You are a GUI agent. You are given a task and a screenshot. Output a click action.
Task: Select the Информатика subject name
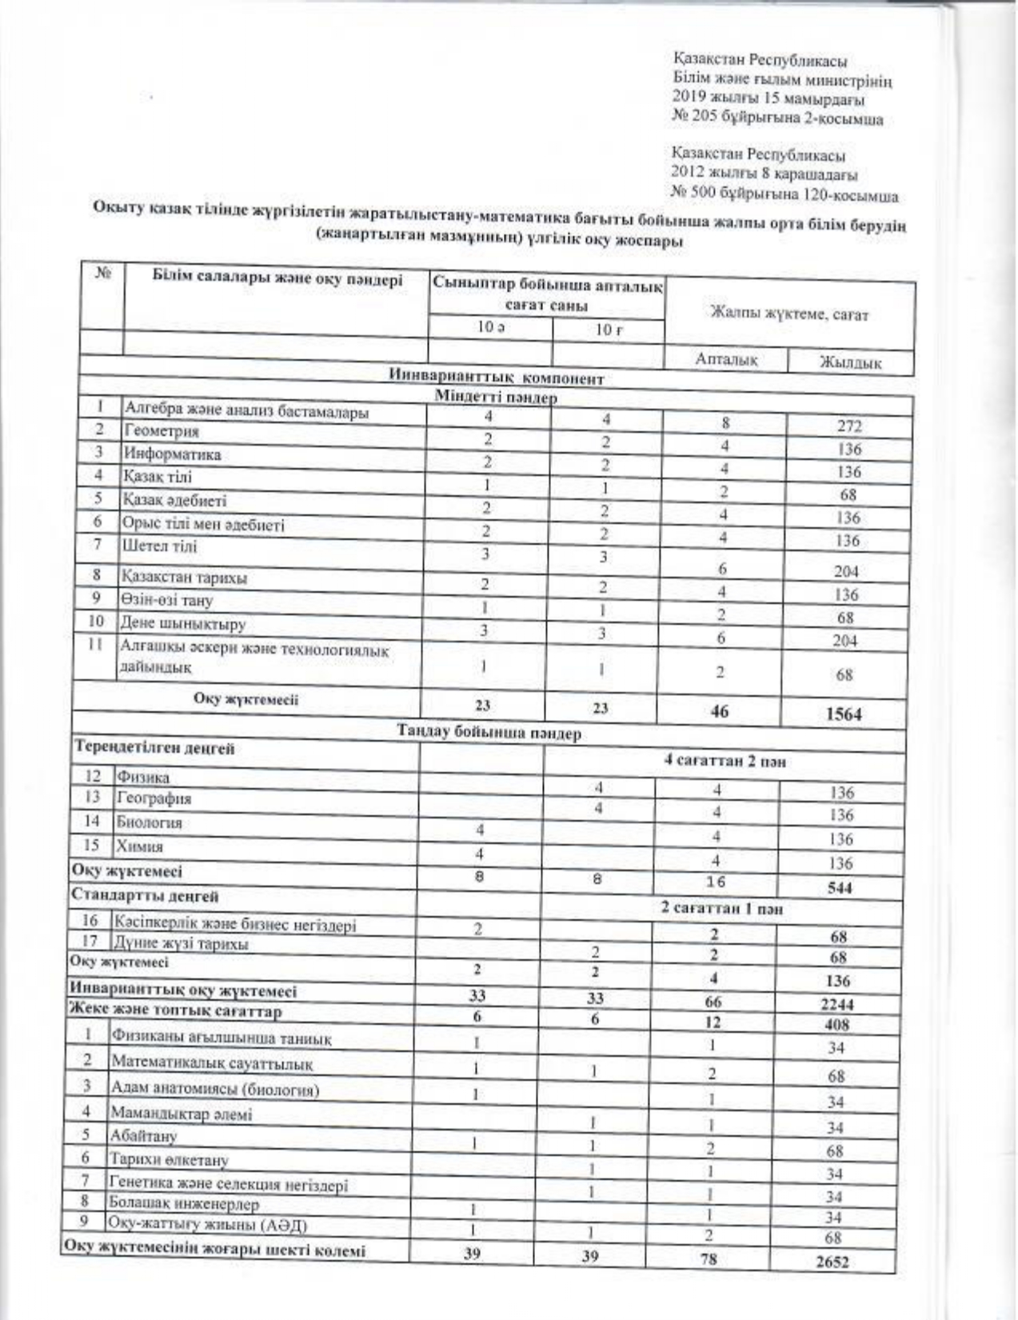click(171, 454)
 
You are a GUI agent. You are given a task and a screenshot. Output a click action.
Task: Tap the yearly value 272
click(847, 427)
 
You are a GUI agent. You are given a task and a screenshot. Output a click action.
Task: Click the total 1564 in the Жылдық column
click(844, 714)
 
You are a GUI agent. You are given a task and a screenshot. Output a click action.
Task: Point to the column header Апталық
click(726, 360)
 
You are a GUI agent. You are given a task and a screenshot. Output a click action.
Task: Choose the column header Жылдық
click(849, 363)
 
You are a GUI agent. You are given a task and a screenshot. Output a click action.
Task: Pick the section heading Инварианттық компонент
click(496, 378)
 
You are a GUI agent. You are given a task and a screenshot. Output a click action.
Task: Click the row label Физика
click(143, 777)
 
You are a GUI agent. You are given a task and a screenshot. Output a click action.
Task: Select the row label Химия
click(139, 846)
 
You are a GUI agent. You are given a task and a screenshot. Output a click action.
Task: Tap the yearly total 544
click(840, 888)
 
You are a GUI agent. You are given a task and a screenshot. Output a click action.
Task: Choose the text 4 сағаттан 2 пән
click(725, 761)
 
